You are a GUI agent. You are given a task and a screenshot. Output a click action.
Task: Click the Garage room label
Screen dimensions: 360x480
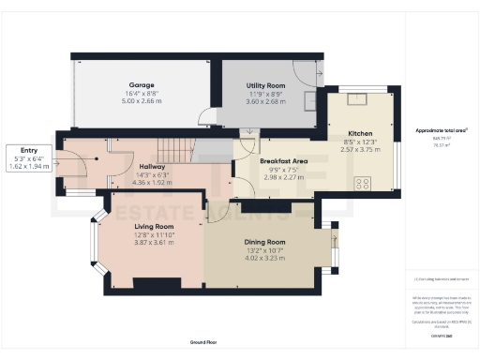141,85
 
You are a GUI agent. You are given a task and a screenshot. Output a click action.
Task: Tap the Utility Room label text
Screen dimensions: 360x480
264,85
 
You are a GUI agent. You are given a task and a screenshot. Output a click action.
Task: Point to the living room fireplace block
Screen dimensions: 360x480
148,282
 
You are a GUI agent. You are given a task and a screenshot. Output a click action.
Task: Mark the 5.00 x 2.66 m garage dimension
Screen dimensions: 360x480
141,100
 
